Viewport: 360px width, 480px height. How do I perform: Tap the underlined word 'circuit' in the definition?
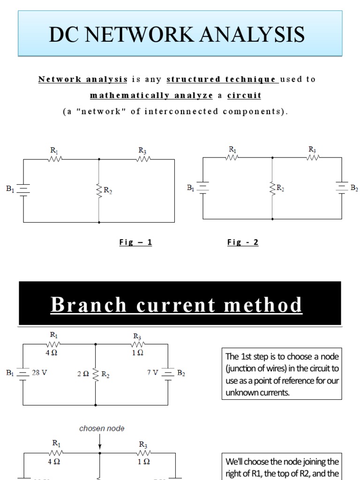coord(244,96)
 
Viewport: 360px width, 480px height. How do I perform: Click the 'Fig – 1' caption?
coord(135,242)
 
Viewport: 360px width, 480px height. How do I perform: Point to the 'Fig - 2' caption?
coord(243,242)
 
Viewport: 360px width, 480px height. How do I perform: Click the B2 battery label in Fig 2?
coord(354,188)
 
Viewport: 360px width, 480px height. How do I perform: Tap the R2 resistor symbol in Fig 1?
coord(99,190)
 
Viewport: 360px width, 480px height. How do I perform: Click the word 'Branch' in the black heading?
coord(89,305)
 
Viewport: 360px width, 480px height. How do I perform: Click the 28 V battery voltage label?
coord(40,373)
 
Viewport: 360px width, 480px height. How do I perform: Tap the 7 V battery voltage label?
coord(153,373)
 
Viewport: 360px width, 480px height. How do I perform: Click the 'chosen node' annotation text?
coord(102,428)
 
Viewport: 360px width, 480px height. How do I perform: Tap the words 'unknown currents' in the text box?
coord(257,393)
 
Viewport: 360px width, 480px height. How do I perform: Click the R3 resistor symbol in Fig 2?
coord(313,157)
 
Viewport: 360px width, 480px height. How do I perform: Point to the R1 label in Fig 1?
coord(54,150)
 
